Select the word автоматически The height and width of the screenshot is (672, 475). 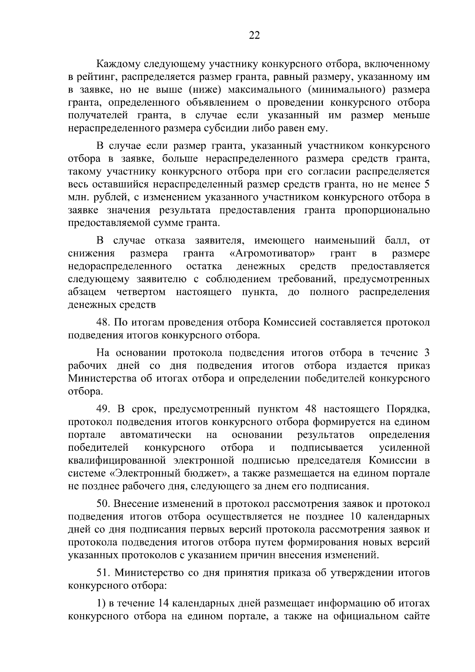click(x=156, y=435)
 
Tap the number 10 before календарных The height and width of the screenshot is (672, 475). click(x=356, y=517)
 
